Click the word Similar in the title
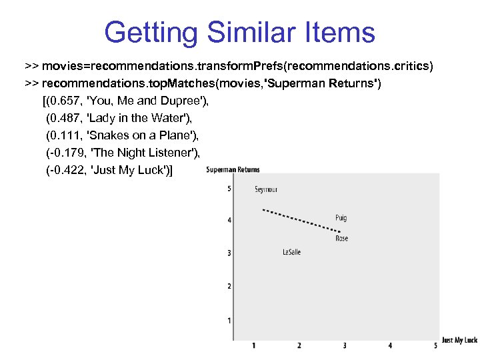240,32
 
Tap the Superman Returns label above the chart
233,169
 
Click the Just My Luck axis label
460,340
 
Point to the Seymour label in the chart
265,190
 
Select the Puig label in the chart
341,218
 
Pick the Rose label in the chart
341,238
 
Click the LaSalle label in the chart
291,252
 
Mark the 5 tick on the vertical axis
229,189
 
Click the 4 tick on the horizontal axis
390,345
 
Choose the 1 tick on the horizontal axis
254,345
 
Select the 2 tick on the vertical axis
229,286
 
